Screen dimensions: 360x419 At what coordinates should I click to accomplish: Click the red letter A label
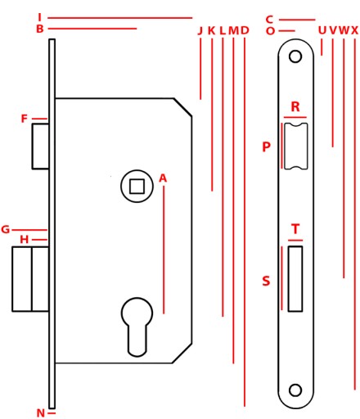tap(163, 178)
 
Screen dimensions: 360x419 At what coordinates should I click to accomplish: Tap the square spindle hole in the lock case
tap(137, 187)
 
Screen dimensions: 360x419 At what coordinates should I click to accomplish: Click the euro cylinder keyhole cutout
tap(137, 327)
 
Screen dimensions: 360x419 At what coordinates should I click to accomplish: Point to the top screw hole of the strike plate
tap(295, 56)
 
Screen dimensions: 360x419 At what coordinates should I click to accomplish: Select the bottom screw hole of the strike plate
tap(295, 390)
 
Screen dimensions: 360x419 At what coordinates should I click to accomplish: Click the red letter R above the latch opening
tap(295, 106)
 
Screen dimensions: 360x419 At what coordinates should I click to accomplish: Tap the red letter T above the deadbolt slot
tap(295, 229)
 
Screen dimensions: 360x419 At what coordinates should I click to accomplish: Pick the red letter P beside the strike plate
tap(266, 146)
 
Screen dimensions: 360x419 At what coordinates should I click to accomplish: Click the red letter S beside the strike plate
tap(266, 281)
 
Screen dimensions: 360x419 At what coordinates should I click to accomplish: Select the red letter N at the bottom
tap(40, 413)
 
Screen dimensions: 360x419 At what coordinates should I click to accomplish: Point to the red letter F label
tap(25, 119)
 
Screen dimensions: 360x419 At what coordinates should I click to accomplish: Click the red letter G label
tap(5, 229)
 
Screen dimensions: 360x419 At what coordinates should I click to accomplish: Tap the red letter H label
tap(24, 240)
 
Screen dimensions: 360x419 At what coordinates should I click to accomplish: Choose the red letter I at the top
tap(40, 17)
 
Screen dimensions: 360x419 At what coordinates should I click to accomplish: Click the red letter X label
tap(354, 30)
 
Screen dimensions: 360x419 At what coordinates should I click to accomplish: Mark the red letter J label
tap(200, 30)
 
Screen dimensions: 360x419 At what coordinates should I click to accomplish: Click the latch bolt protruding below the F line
tap(40, 146)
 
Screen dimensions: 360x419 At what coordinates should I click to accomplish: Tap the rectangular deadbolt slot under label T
tap(295, 278)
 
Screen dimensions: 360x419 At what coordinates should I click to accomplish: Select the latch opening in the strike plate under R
tap(296, 146)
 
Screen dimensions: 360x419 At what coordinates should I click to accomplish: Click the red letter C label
tap(269, 20)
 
